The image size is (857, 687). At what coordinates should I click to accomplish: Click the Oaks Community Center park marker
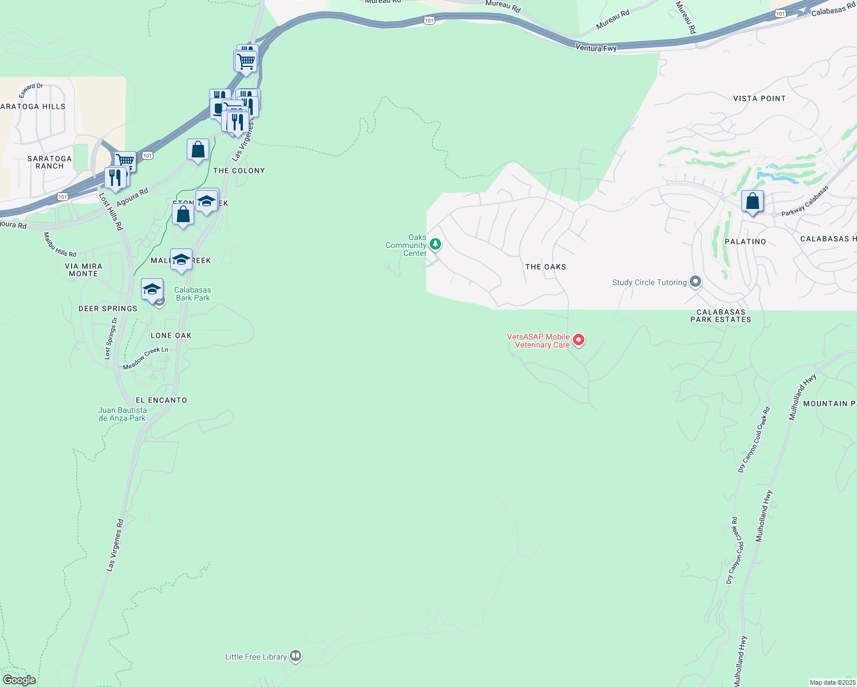coord(435,244)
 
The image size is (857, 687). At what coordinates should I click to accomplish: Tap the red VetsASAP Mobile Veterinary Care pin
coord(579,340)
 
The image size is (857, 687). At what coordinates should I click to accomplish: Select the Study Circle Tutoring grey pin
coord(695,282)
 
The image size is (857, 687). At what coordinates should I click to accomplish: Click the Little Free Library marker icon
coord(296,656)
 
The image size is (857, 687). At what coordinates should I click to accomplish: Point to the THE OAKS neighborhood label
coord(545,267)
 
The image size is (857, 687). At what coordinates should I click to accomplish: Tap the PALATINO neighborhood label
coord(745,242)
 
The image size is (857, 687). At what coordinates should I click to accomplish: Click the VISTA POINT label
coord(759,98)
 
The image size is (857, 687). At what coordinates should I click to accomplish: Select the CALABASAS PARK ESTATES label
coord(721,316)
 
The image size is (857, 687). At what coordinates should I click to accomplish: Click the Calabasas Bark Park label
coord(192,294)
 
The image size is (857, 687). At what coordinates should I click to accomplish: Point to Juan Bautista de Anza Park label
coord(122,414)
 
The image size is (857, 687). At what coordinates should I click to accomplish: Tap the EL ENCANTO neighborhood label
coord(161,400)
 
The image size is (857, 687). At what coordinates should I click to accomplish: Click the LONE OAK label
coord(171,335)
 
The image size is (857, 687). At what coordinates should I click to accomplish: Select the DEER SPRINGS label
coord(108,309)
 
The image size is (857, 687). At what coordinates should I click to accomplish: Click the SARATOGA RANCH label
coord(50,162)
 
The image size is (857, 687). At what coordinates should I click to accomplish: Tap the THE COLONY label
coord(239,171)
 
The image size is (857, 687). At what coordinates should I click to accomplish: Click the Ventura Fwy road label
coord(596,48)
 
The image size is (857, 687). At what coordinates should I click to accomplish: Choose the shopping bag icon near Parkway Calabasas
coord(752,202)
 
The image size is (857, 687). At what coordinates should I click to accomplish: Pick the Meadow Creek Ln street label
coord(146,358)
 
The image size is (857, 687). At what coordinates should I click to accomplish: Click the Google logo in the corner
coord(19,680)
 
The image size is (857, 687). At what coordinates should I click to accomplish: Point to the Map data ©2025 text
coord(832,682)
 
